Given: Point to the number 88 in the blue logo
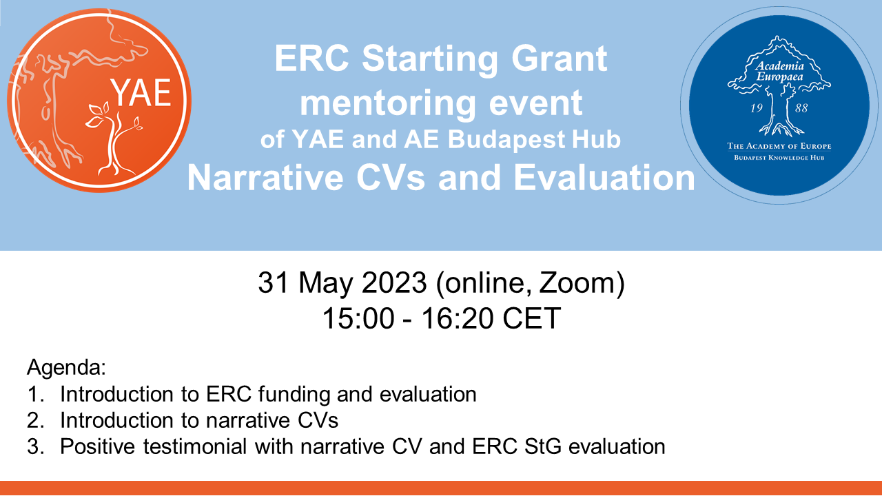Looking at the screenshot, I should point(801,108).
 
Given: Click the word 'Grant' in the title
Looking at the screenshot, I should point(551,59).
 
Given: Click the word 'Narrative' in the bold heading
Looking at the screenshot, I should point(265,178).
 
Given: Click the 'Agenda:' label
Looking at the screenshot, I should point(66,367).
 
